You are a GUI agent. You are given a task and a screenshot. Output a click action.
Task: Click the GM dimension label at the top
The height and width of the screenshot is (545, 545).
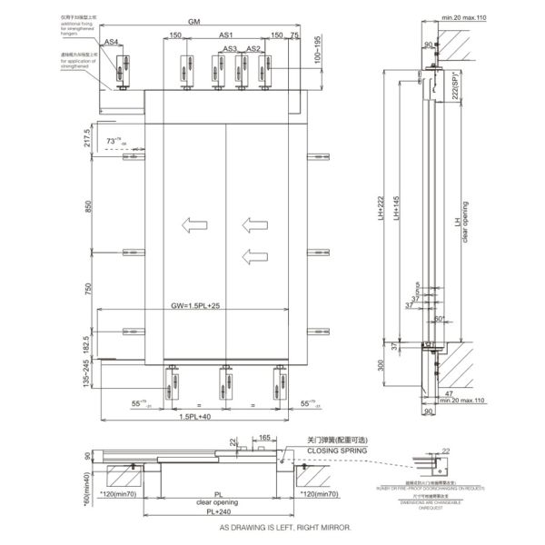pos(194,21)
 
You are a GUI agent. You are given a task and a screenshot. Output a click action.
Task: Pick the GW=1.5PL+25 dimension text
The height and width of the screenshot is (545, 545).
pos(196,306)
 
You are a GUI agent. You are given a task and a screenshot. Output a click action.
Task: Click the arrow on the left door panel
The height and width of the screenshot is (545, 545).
pos(193,224)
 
